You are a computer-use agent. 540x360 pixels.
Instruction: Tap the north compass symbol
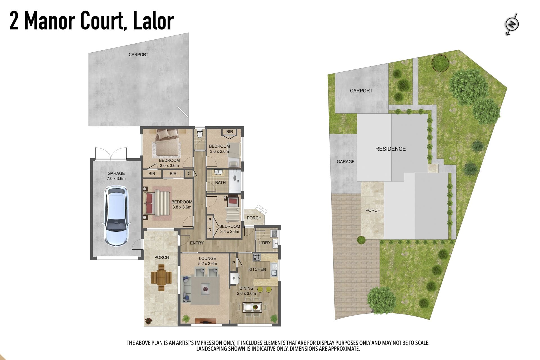click(512, 24)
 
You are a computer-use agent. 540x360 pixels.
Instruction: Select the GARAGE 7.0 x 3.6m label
click(116, 176)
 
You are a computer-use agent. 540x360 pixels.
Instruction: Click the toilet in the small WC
click(200, 133)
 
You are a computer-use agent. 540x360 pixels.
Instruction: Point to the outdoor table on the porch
click(161, 278)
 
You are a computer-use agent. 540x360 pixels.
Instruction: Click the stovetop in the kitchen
click(257, 257)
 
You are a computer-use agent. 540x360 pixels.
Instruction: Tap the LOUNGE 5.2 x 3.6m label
click(208, 261)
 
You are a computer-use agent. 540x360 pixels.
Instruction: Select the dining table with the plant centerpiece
click(252, 307)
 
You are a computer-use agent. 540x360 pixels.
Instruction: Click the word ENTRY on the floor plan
click(197, 243)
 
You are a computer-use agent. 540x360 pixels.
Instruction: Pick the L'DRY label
click(265, 243)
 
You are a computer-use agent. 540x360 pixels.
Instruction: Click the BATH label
click(220, 183)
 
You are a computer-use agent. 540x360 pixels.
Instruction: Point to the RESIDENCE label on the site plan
click(390, 149)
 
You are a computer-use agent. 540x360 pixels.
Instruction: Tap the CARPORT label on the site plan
click(361, 91)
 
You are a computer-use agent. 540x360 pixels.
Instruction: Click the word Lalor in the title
click(153, 21)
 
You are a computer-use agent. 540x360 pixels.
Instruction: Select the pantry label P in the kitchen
click(233, 263)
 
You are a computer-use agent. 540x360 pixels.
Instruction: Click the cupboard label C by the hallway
click(189, 174)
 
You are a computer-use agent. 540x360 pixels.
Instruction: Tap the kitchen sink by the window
click(274, 272)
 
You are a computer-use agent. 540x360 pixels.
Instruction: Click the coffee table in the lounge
click(205, 289)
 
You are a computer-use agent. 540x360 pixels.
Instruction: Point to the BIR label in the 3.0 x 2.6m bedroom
click(229, 132)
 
